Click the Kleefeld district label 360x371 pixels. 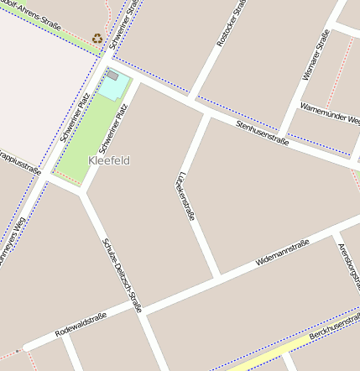109,160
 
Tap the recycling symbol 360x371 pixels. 97,38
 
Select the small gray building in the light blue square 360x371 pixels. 112,76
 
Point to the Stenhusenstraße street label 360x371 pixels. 262,133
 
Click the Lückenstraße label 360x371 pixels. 186,196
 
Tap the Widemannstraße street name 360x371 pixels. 282,253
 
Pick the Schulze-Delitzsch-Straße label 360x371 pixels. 123,273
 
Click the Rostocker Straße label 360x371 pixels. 231,24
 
